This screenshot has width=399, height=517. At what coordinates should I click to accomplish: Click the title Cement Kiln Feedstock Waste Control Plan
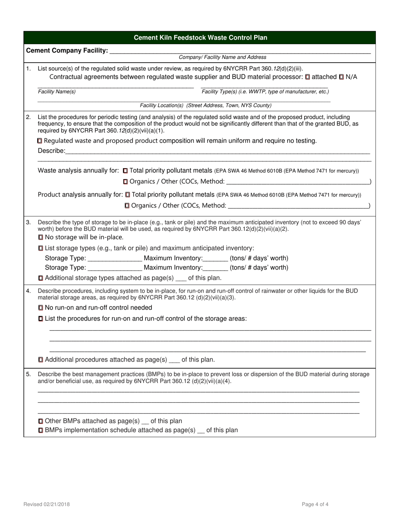(200, 38)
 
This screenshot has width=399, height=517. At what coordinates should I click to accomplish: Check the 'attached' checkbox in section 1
(308, 77)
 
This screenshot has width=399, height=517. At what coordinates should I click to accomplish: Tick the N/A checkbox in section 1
(341, 77)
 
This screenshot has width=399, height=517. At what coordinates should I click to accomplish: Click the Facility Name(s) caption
(57, 92)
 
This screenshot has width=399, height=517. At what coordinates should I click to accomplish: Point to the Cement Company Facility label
(67, 50)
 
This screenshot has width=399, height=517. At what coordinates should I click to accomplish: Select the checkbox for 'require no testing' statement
(40, 141)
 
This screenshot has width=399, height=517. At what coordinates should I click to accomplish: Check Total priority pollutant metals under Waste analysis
(126, 171)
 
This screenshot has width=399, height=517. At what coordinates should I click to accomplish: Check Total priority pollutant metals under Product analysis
(128, 195)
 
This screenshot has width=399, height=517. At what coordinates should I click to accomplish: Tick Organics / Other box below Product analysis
(127, 206)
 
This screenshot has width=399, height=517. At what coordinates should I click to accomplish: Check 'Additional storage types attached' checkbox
(41, 278)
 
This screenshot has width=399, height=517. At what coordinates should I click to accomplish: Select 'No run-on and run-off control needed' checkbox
(41, 308)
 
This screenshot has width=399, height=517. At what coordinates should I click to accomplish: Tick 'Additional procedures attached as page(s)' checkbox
(41, 360)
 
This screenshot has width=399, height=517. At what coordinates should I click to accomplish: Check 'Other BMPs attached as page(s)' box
(41, 421)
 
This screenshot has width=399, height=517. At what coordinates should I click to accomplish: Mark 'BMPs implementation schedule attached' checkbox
(41, 430)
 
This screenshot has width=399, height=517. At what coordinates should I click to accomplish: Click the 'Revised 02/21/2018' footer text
(47, 504)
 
